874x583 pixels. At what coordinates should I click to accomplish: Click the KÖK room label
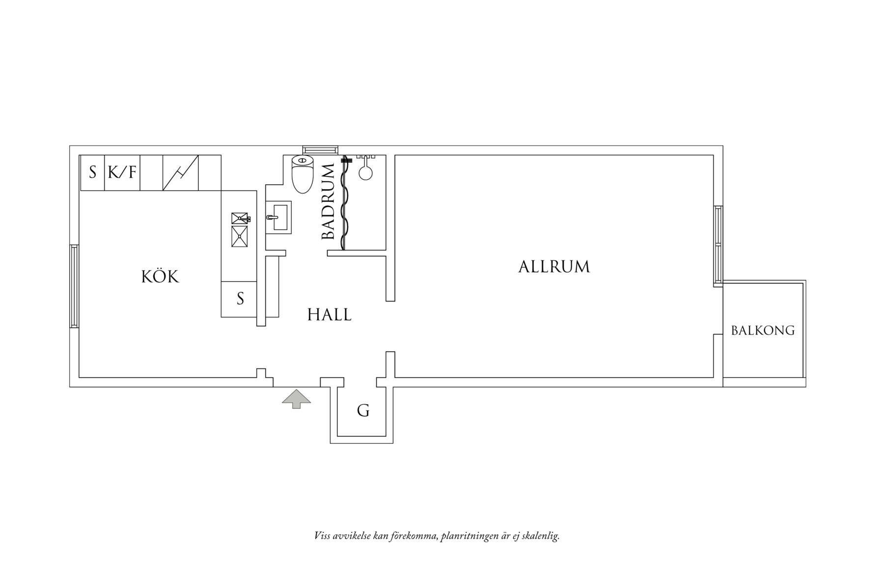160,277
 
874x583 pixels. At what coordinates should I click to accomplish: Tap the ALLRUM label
554,267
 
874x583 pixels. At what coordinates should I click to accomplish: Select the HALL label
329,315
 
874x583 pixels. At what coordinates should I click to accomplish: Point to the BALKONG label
763,331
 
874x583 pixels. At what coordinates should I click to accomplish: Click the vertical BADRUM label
328,202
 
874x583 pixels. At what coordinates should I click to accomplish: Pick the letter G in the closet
363,410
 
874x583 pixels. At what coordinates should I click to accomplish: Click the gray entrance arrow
296,398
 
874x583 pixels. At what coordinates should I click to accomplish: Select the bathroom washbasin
279,217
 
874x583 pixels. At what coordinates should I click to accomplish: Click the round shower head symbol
365,172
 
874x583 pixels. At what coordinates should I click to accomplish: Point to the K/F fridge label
122,172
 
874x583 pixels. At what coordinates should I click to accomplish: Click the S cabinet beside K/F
92,172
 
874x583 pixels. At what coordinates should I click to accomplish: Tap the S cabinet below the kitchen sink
240,299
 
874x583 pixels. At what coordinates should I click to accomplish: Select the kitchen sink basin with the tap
240,218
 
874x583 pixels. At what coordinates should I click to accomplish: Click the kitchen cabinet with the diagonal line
180,172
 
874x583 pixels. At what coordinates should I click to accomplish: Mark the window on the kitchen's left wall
74,286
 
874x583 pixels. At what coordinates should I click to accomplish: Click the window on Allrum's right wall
718,246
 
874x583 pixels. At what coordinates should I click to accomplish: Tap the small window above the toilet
320,149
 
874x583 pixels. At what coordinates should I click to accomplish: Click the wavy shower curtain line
345,204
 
